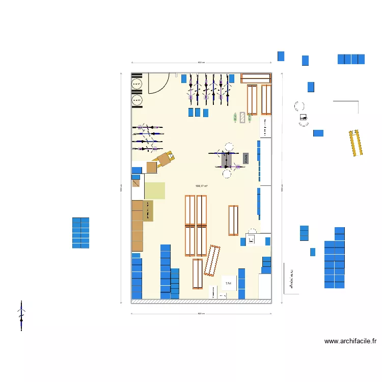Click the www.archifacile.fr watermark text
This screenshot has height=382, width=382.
[350, 341]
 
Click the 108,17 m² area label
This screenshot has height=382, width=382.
[201, 186]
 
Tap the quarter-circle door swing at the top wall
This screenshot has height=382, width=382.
[158, 83]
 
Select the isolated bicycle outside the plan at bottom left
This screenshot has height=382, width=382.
[21, 315]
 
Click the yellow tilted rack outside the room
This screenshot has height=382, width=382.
[356, 143]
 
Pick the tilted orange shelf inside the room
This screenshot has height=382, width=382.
[212, 260]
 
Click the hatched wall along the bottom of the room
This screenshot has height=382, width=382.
[201, 301]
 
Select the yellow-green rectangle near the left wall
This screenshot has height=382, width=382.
[155, 190]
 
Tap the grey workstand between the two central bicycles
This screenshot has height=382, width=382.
[226, 159]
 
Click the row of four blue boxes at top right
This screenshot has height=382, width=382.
[351, 59]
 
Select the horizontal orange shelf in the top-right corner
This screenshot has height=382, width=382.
[256, 77]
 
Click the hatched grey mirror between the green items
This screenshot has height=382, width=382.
[242, 118]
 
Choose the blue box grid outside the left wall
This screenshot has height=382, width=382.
[80, 233]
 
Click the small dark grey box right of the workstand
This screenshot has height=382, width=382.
[245, 158]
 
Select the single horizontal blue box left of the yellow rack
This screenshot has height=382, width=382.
[318, 133]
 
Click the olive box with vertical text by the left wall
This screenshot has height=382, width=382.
[148, 211]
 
